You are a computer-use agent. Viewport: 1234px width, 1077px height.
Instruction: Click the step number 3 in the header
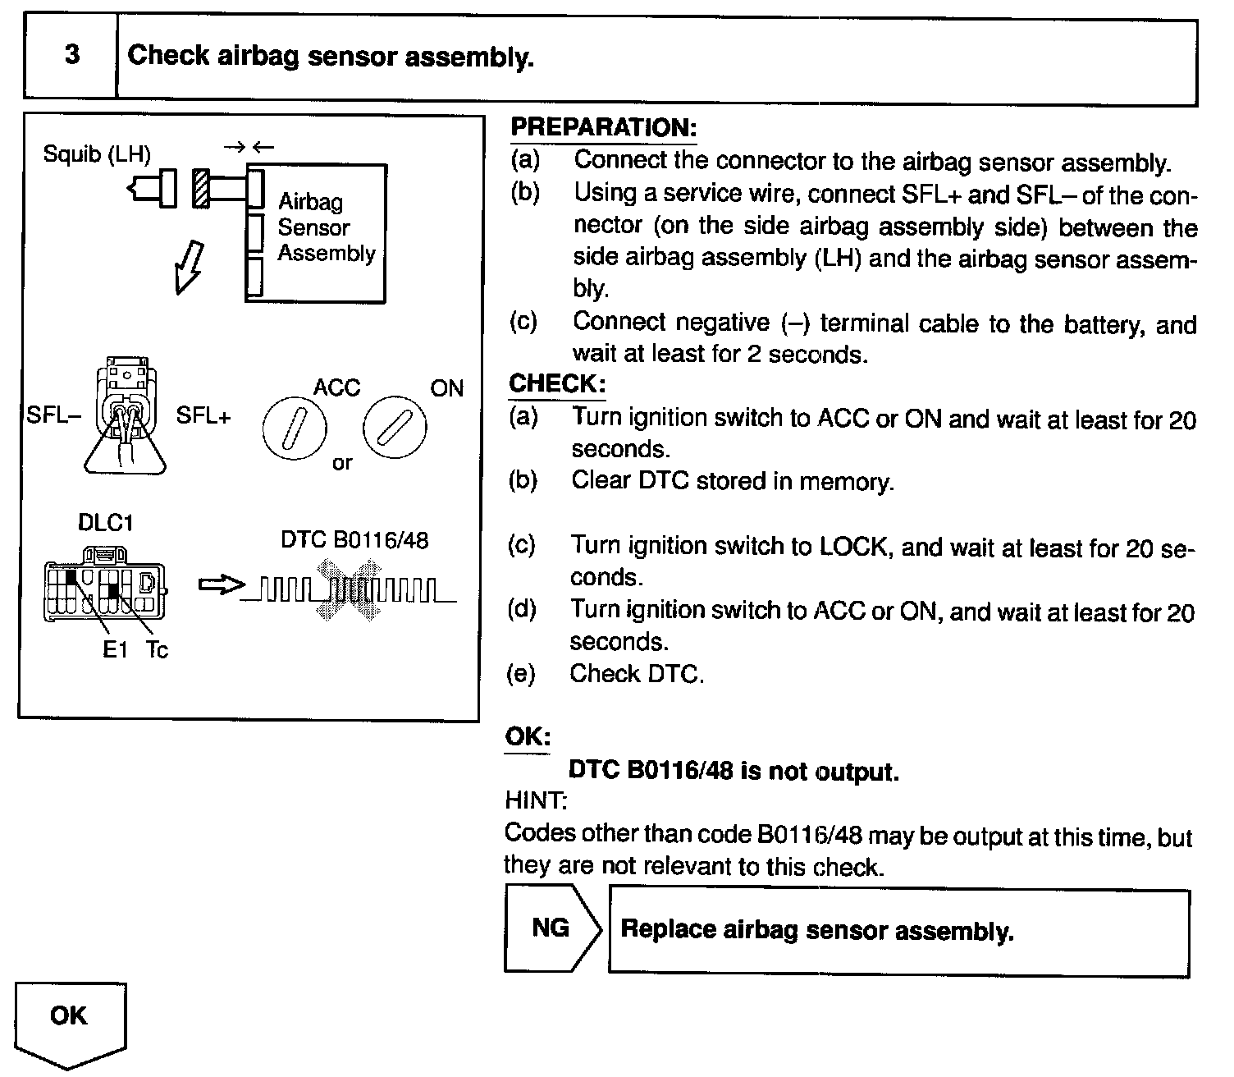pos(72,56)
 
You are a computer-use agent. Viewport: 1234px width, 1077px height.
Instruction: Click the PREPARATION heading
pos(603,127)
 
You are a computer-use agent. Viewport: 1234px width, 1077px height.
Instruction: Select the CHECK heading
pos(557,383)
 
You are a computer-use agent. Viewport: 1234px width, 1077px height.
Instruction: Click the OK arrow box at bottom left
pos(70,1022)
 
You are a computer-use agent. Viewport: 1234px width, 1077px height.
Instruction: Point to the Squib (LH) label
pos(97,155)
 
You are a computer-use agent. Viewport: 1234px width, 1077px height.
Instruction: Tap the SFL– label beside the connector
pos(53,415)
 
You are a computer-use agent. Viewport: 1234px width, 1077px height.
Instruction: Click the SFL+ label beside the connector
pos(203,415)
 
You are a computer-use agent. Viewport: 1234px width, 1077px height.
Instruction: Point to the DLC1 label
pos(105,523)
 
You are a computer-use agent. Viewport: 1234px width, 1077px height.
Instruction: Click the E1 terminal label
pos(115,650)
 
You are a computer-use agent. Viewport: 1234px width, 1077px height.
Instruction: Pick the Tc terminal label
pos(157,650)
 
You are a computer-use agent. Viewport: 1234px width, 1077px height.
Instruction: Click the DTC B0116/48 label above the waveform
pos(354,539)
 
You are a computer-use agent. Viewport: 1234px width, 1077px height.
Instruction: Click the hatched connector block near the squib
pos(201,189)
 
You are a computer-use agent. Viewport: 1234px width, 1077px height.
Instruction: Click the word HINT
pos(536,800)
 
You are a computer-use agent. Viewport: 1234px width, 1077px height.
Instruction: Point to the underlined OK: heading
pos(527,736)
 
